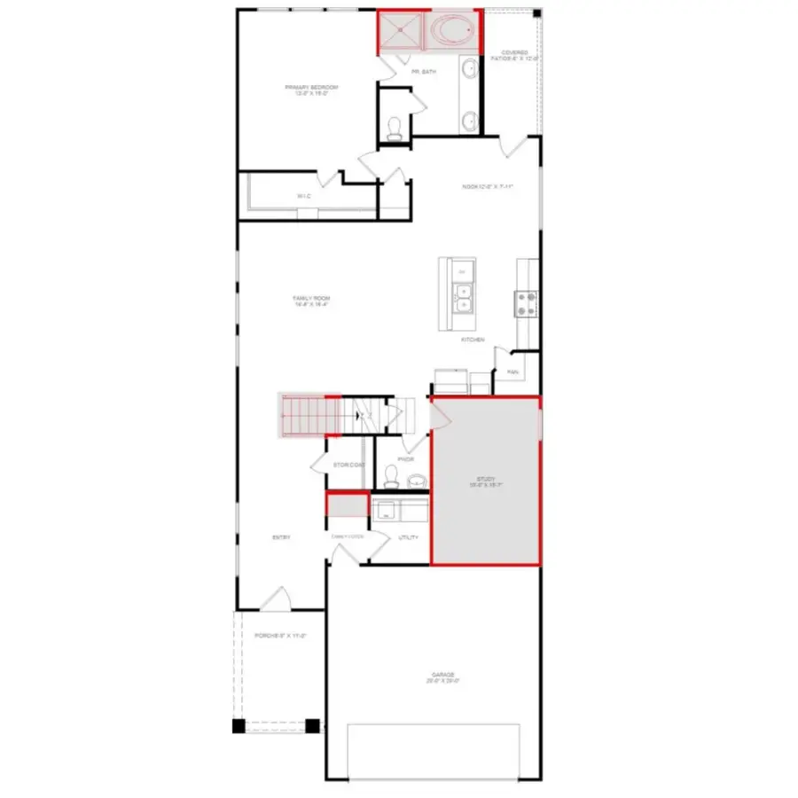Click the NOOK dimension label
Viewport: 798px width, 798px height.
coord(488,187)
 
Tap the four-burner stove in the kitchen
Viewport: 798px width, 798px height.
coord(526,304)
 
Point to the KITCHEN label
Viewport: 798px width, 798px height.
coord(472,340)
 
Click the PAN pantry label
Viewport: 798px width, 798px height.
coord(512,372)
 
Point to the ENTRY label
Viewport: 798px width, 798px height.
coord(281,537)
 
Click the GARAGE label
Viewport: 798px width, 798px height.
coord(444,677)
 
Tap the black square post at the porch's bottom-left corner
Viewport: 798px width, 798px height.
coord(239,726)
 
